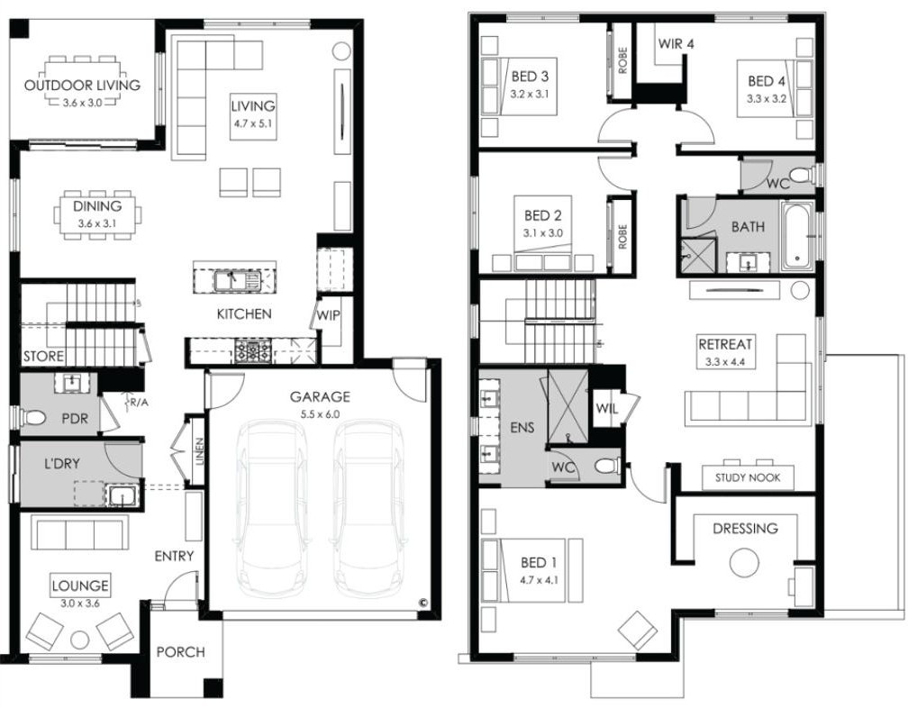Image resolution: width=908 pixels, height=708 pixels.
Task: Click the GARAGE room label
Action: [x=320, y=396]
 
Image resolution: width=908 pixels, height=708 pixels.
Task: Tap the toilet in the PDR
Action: [x=33, y=417]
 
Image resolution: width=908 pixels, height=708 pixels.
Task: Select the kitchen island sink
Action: [x=238, y=281]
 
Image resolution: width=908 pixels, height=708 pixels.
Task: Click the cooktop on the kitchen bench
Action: [x=252, y=350]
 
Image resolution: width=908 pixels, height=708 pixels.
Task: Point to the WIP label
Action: [x=328, y=315]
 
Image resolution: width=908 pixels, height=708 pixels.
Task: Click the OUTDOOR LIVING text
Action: [x=82, y=85]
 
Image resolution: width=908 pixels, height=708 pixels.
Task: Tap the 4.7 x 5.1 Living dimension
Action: [x=253, y=123]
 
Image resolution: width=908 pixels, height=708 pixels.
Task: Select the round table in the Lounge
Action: [x=79, y=640]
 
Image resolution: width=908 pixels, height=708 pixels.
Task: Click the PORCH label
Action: [x=181, y=652]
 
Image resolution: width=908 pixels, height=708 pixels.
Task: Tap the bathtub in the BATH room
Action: [x=797, y=236]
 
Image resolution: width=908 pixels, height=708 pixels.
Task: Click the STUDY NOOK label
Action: [x=748, y=477]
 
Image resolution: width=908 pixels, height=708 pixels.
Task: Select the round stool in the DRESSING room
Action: [x=744, y=563]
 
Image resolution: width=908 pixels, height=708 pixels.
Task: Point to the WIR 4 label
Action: [x=676, y=43]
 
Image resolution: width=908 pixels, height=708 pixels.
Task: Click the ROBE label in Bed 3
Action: [x=623, y=60]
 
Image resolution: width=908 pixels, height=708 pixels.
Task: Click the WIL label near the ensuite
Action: [x=606, y=409]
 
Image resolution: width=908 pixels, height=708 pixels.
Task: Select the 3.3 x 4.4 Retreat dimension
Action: [x=724, y=362]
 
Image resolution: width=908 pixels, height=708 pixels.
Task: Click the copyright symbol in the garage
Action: [x=423, y=603]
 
